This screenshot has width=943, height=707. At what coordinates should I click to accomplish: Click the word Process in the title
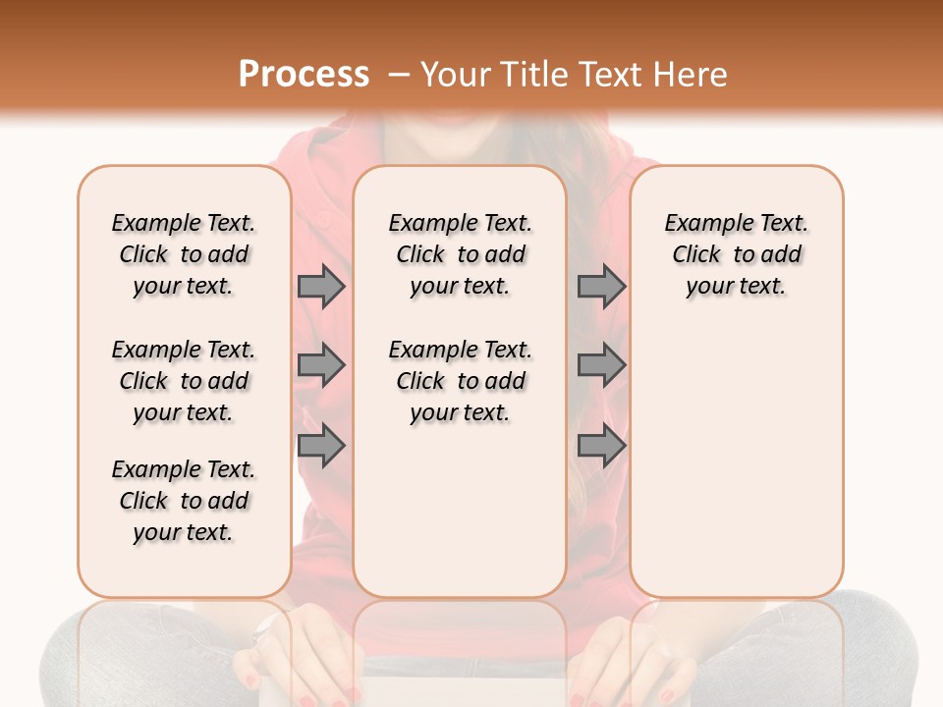click(x=304, y=75)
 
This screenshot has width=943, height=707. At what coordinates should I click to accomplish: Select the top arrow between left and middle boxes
click(x=321, y=287)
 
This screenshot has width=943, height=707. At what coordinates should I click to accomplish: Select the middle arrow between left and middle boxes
click(x=321, y=365)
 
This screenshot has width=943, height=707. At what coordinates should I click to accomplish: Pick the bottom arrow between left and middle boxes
click(x=321, y=446)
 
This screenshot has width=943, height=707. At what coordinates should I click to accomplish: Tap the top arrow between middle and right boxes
click(x=601, y=287)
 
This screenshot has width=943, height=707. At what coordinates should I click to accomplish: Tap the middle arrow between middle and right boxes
click(x=601, y=365)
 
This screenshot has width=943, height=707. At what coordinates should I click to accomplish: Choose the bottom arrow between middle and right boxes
click(x=601, y=446)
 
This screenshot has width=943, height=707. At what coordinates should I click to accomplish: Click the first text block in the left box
click(x=184, y=254)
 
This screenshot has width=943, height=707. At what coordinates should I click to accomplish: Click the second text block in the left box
click(x=184, y=381)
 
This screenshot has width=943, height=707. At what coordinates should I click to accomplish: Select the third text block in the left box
click(x=184, y=501)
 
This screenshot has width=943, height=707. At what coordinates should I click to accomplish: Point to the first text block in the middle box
click(x=460, y=254)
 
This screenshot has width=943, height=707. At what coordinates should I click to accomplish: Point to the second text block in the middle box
click(x=460, y=381)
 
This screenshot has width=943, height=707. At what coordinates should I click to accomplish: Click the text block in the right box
click(x=736, y=254)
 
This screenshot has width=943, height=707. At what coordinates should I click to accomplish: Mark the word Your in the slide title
click(x=456, y=75)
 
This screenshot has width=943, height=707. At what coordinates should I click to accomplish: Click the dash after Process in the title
click(x=399, y=75)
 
